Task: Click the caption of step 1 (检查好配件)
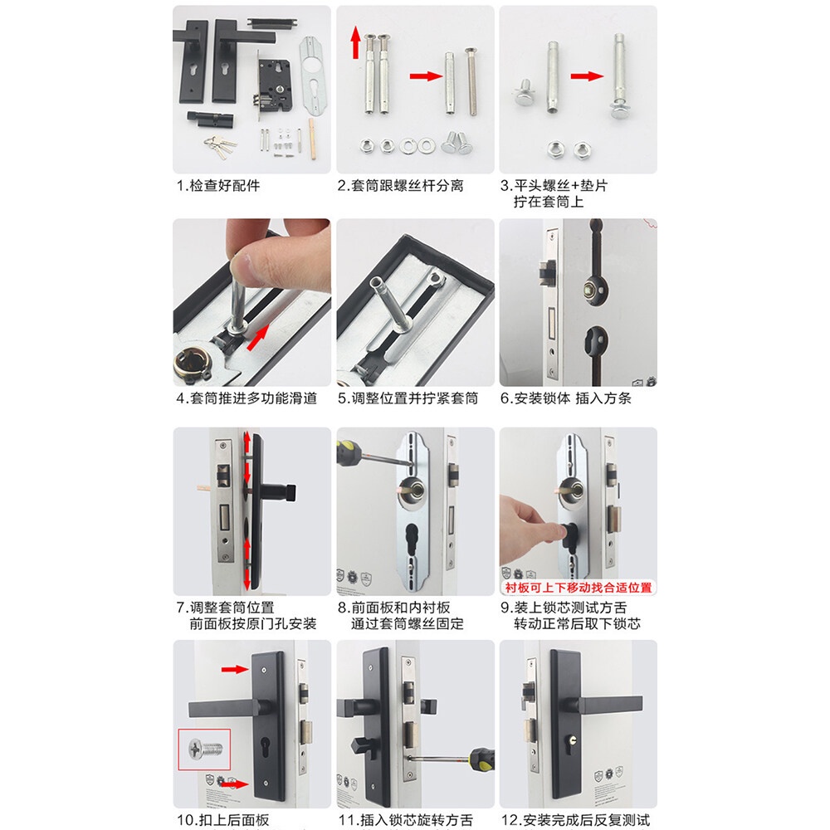218,186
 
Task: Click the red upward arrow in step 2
356,43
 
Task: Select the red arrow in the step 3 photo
587,76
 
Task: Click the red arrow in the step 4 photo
258,337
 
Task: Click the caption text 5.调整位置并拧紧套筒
408,398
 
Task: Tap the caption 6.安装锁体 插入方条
566,398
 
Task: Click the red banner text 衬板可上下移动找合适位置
578,588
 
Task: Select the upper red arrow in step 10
235,670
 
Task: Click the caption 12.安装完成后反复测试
575,820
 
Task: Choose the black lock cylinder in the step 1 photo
210,119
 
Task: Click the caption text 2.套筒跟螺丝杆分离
401,186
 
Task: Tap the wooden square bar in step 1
312,139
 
